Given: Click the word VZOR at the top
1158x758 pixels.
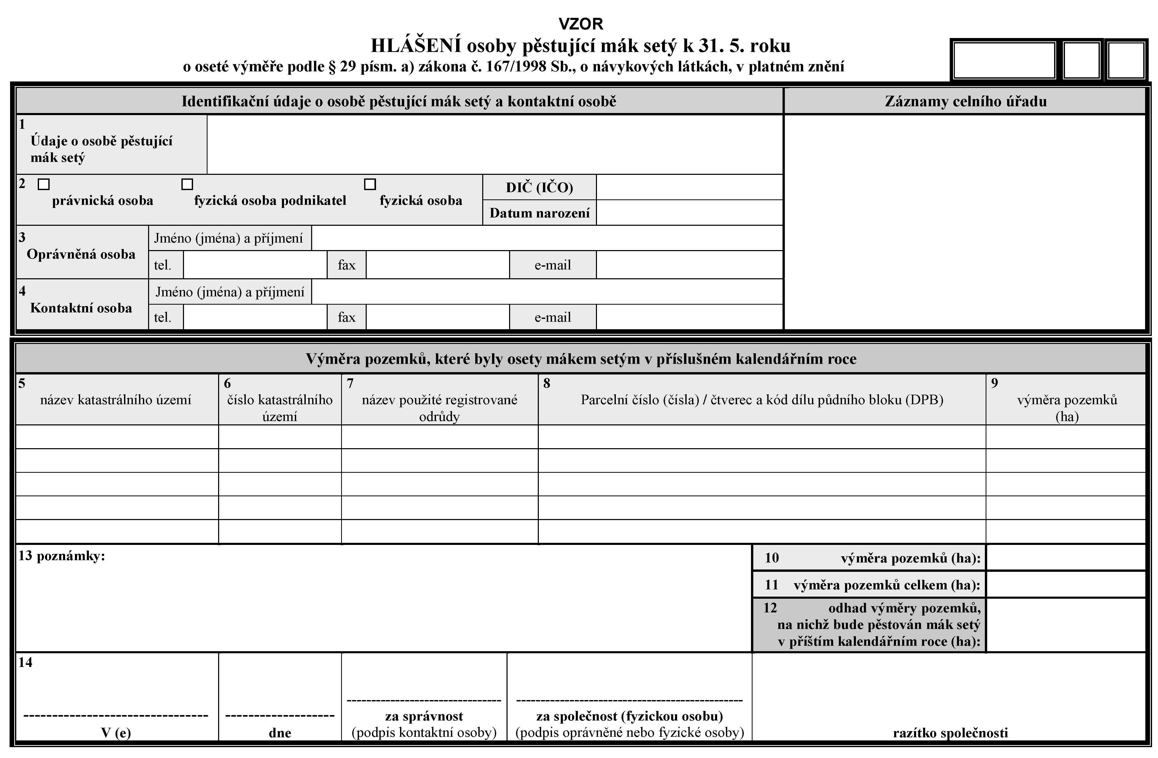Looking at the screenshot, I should (580, 24).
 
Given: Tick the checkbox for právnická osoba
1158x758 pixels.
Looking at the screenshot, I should (44, 184).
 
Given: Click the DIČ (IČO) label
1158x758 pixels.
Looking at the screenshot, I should (539, 187).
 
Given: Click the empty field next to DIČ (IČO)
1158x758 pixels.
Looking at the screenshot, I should (689, 187).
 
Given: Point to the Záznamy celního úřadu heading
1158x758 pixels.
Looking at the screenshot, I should (965, 101).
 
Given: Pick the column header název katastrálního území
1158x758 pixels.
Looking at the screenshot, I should (116, 400).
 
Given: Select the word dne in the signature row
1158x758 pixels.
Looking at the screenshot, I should (280, 733).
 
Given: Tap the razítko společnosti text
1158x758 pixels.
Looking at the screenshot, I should (950, 733).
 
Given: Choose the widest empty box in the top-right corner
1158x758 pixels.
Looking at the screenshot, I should (1004, 60).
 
